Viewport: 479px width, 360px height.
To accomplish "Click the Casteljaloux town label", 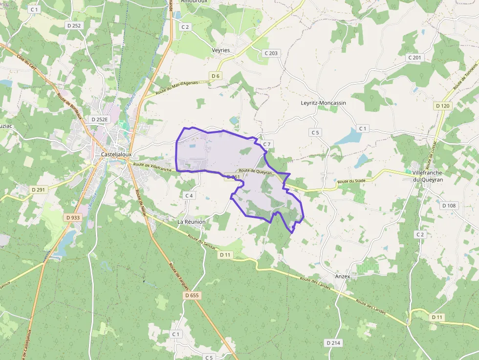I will [x=116, y=154].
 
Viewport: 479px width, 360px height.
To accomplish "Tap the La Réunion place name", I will [x=191, y=222].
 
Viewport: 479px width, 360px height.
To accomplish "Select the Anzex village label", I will [x=343, y=276].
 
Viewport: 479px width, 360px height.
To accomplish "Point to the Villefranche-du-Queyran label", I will [x=428, y=176].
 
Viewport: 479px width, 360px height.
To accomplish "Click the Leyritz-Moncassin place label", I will [x=323, y=103].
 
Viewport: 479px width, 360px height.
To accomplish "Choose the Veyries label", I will [x=221, y=50].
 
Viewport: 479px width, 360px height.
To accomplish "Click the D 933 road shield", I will [x=72, y=217].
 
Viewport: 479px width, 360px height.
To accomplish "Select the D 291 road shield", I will [x=38, y=189].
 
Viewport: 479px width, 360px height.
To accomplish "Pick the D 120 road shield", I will [x=443, y=106].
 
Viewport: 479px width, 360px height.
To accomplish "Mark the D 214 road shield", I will [x=333, y=343].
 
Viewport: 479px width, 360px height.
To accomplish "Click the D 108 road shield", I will [x=449, y=206].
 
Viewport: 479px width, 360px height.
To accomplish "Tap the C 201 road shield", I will [x=414, y=58].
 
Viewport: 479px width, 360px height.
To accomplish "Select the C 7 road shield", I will [x=266, y=144].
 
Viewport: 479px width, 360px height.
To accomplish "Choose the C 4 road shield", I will [x=189, y=195].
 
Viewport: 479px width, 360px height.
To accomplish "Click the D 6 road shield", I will [x=216, y=75].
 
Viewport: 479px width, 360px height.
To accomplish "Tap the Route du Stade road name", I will [x=351, y=181].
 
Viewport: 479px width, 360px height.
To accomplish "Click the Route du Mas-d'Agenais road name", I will [x=177, y=87].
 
